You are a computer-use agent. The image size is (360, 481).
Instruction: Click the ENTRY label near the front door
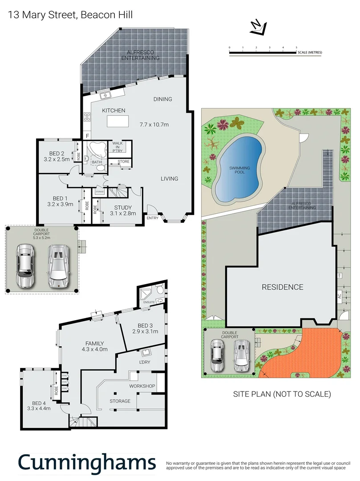point(152,218)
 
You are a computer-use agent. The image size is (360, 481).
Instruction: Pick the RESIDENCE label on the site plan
point(282,287)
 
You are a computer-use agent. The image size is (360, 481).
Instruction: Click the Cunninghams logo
point(87,463)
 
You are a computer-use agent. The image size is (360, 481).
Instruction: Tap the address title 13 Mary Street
point(71,15)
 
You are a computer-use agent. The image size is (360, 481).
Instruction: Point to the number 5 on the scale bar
point(297,47)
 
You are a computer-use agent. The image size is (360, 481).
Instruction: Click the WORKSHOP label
point(142,386)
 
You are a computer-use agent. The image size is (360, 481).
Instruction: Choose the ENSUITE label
point(149,302)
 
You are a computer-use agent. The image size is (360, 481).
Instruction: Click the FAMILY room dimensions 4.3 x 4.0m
point(95,350)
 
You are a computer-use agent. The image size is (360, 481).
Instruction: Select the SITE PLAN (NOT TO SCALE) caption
point(282,394)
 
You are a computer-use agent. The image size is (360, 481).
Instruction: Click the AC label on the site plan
point(339,295)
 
